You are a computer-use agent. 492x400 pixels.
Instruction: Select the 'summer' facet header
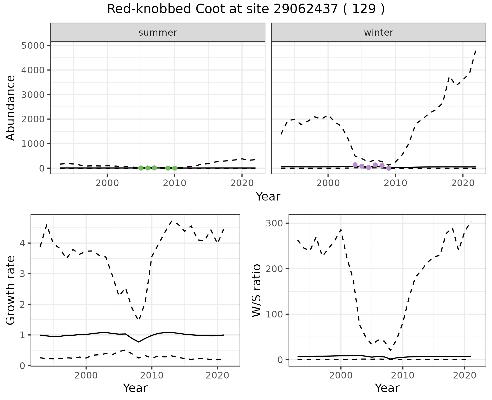[158, 33]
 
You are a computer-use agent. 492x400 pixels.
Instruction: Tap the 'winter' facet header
[378, 33]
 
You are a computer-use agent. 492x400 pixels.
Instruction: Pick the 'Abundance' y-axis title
[11, 108]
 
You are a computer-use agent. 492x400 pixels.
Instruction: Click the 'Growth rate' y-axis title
[11, 290]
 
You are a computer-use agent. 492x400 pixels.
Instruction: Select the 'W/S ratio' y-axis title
[256, 290]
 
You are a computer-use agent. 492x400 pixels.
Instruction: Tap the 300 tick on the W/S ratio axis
[274, 223]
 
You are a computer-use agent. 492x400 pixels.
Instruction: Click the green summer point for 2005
[141, 168]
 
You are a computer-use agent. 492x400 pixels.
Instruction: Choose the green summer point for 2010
[175, 168]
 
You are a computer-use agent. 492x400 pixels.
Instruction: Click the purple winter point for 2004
[355, 165]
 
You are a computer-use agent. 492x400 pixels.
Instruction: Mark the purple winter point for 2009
[389, 168]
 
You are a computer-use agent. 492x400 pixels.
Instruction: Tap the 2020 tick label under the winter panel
[463, 183]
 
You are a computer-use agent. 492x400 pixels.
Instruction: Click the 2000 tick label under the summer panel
[107, 183]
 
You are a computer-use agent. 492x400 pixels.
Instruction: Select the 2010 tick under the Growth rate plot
[152, 375]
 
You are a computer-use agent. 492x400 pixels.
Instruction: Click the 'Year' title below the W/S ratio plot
[387, 388]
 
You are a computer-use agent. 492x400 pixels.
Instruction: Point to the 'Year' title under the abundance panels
[268, 197]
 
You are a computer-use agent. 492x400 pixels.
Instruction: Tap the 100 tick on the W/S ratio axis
[274, 314]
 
